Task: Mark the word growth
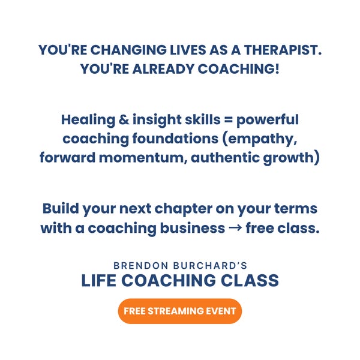tap(287, 158)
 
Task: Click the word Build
tap(61, 209)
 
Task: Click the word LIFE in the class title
tap(101, 281)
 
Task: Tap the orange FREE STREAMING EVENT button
tap(180, 311)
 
